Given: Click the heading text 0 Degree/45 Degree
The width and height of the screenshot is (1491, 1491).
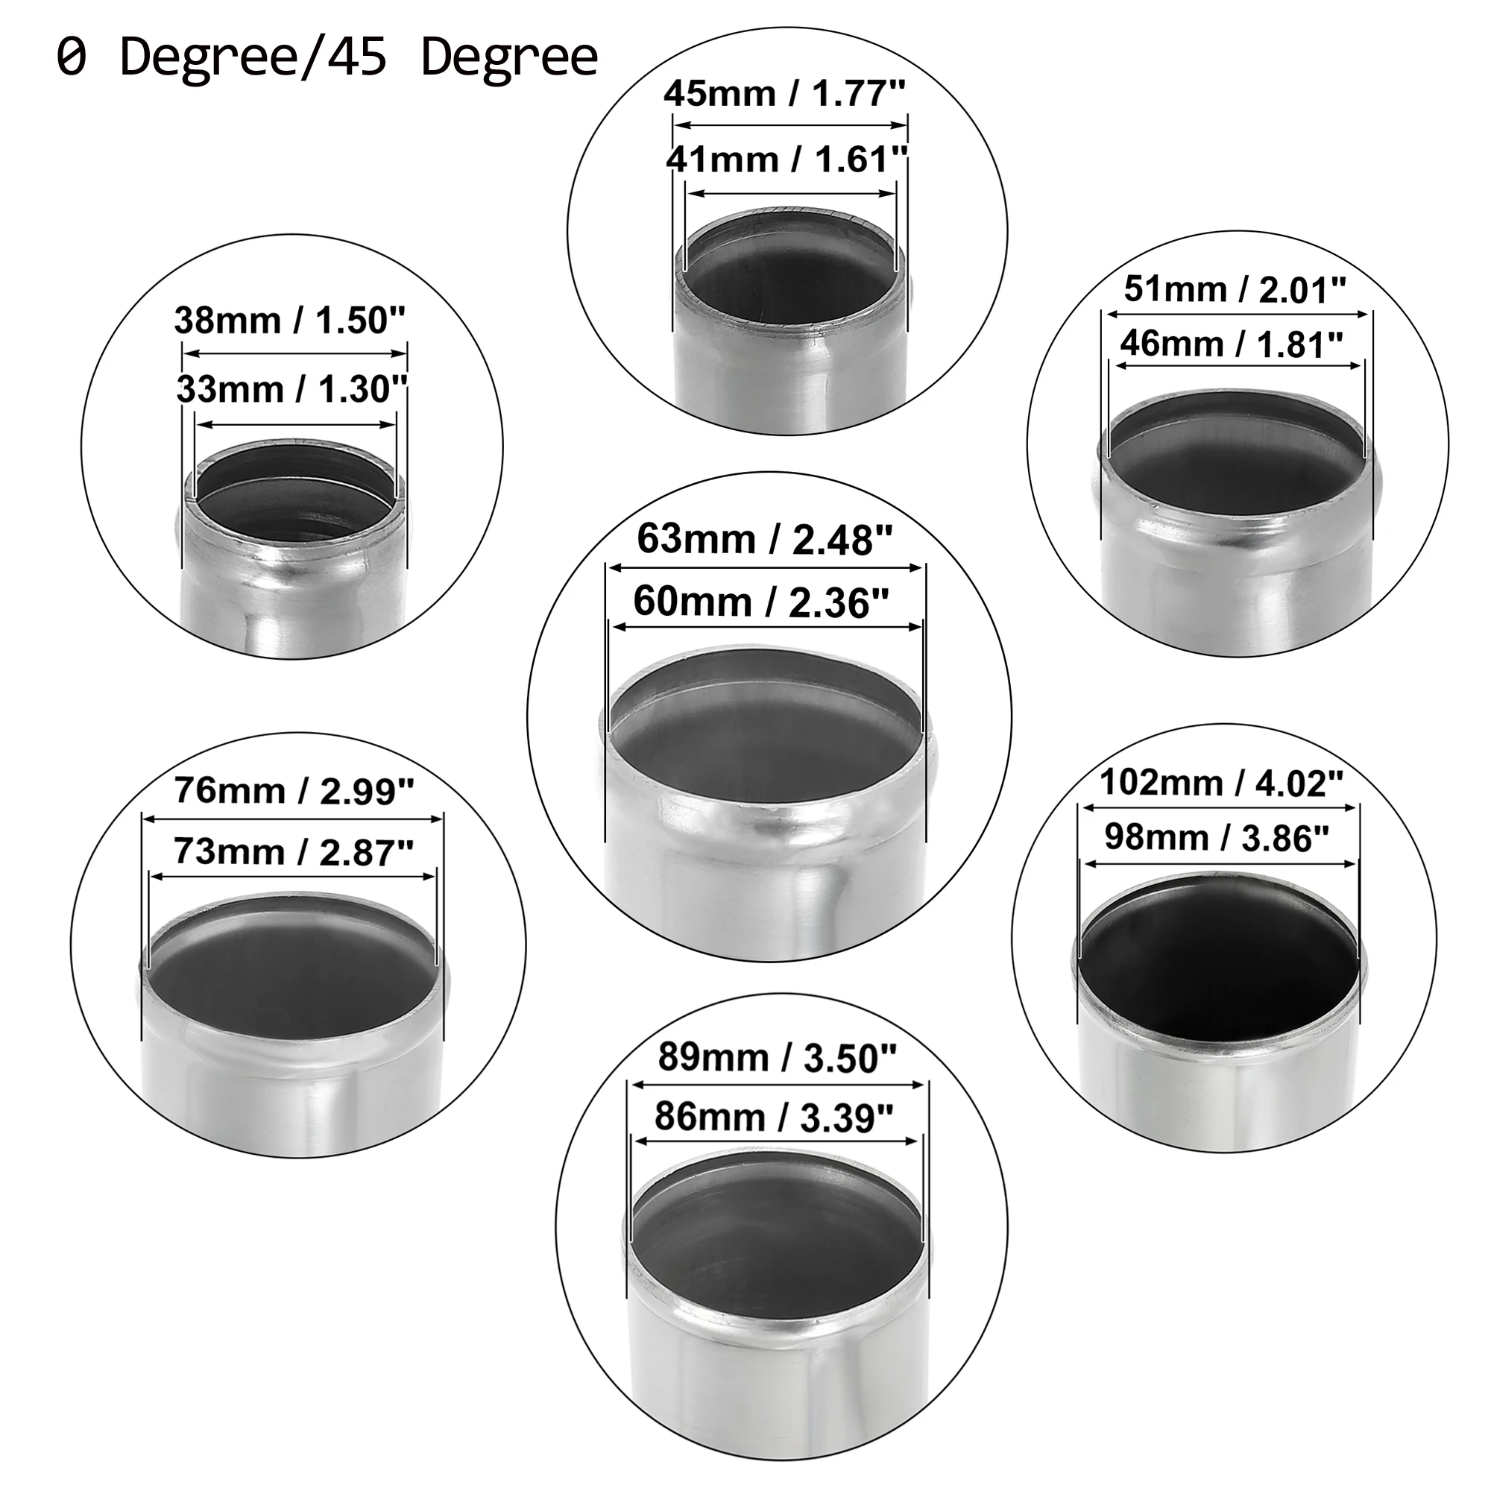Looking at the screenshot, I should coord(327,57).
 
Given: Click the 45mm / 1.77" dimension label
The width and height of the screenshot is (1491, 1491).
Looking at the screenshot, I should coord(784,94).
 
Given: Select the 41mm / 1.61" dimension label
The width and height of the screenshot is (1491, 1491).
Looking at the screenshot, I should coord(787,160).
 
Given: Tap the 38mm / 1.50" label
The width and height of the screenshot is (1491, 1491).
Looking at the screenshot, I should coord(289,321).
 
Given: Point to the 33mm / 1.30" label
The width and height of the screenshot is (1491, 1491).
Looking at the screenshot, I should coord(291,389).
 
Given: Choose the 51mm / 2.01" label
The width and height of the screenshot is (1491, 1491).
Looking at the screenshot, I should coord(1235,289).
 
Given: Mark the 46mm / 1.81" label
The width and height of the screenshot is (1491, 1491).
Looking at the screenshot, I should coord(1232,344).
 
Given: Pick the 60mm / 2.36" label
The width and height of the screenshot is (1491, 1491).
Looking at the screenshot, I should coord(761,601).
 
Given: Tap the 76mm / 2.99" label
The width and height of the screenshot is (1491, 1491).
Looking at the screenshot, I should coord(294,790).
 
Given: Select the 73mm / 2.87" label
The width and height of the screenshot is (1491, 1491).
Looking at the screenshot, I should coord(294,851).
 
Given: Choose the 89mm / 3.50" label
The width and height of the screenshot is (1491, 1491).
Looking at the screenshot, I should coord(777,1057).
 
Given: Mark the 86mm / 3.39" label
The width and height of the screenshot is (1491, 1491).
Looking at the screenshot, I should coord(774,1117).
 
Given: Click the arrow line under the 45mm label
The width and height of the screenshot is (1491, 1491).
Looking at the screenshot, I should coord(790,125).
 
